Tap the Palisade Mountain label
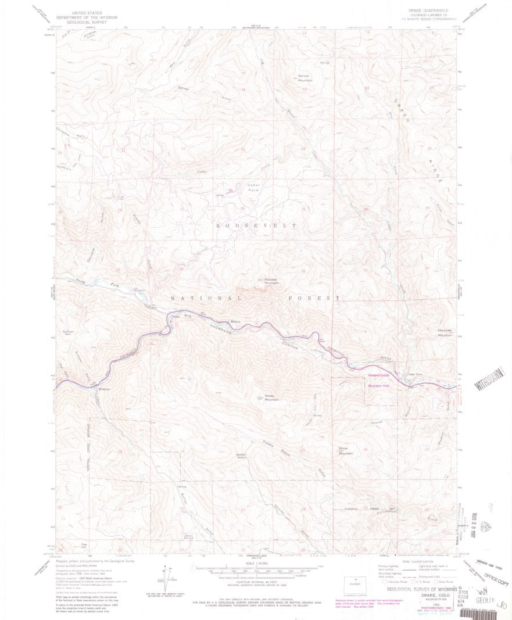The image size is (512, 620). point(272,281)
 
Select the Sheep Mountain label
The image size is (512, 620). point(273,398)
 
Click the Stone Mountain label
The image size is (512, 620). point(346,450)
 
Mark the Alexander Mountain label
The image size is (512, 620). point(445,332)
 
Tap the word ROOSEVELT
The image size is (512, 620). point(256,225)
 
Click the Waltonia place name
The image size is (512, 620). point(104,389)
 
